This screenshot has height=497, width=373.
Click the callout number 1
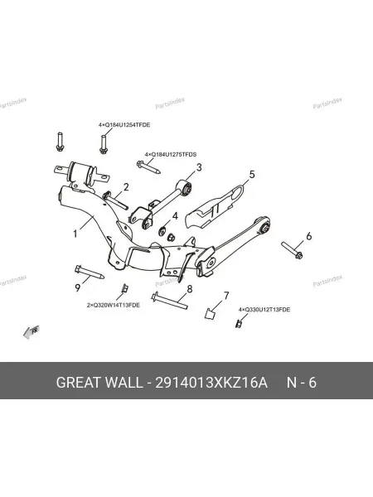tap(75, 234)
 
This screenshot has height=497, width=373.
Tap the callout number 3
tap(199, 167)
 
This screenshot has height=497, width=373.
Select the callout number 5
tap(252, 174)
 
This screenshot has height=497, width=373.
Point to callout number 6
tap(308, 236)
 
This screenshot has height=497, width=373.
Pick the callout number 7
tap(226, 296)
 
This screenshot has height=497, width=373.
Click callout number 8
tap(190, 289)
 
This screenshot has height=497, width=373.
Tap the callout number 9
tap(78, 287)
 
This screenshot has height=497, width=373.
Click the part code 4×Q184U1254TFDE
tap(124, 125)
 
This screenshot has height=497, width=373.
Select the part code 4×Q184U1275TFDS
tap(171, 155)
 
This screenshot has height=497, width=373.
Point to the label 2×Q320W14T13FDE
tap(114, 305)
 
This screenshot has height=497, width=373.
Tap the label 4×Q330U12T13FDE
tap(264, 309)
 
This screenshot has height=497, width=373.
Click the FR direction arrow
tap(31, 331)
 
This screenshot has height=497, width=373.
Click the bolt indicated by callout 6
tap(292, 250)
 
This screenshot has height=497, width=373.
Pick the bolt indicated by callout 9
tap(90, 273)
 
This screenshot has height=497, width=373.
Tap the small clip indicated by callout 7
tap(210, 313)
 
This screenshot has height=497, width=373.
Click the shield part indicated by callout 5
tap(214, 206)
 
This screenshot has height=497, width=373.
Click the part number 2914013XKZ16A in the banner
tap(211, 383)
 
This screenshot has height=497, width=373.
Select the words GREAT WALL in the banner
tap(99, 383)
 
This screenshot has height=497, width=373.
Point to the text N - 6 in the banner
tap(302, 383)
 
